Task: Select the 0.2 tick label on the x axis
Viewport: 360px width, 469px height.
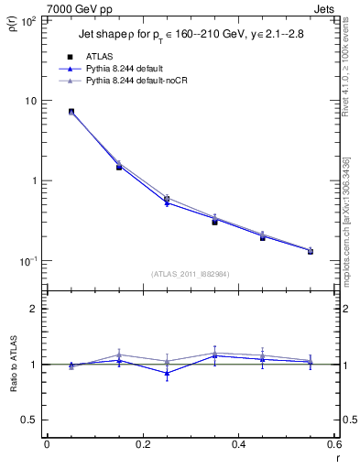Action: click(x=142, y=445)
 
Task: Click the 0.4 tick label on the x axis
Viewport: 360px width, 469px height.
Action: click(x=239, y=445)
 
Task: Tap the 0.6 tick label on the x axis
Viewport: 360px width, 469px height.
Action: click(x=335, y=445)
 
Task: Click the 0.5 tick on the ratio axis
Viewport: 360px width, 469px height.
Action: click(x=29, y=420)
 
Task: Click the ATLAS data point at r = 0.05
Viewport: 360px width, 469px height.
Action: click(x=71, y=112)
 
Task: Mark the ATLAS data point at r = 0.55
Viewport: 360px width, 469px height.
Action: click(x=311, y=250)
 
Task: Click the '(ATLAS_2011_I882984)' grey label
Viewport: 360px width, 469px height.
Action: click(x=191, y=274)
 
